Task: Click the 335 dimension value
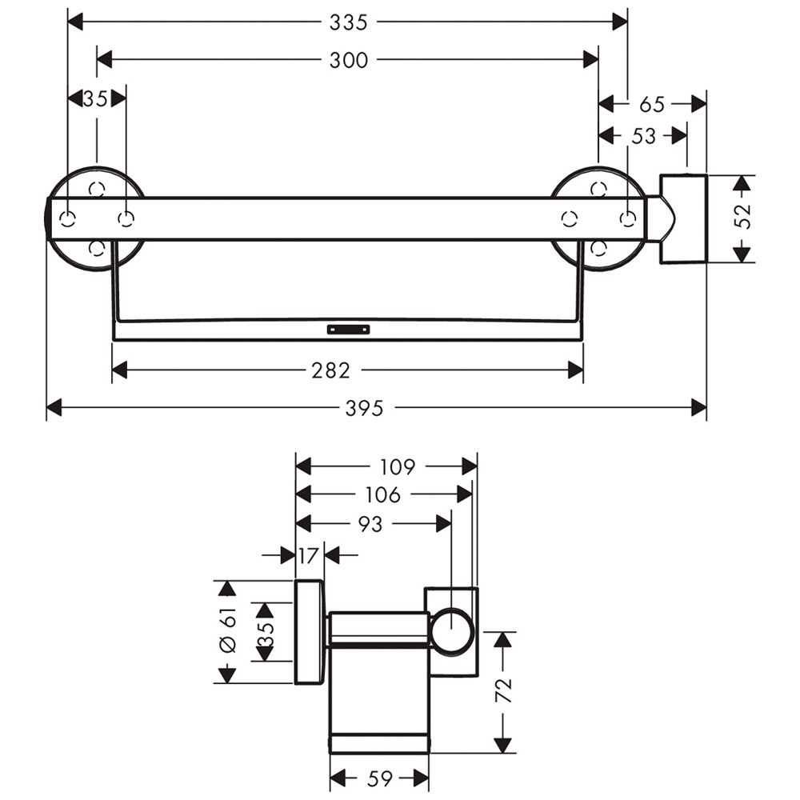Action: (348, 22)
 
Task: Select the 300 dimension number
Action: (348, 60)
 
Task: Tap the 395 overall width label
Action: (364, 408)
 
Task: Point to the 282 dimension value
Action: (330, 370)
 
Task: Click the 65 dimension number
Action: (652, 104)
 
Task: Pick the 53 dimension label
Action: (643, 136)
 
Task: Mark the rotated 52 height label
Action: (744, 216)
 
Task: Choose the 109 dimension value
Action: (398, 466)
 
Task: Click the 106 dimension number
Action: (382, 494)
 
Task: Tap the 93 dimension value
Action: (370, 524)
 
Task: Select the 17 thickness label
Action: (308, 555)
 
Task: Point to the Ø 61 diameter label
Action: (228, 630)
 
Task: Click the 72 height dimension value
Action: (503, 690)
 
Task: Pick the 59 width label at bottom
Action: (379, 778)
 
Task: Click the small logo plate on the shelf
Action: (348, 330)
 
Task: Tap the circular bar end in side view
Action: (452, 632)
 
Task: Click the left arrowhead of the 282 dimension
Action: (119, 370)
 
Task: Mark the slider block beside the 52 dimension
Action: (683, 219)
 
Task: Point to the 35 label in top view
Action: (95, 98)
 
